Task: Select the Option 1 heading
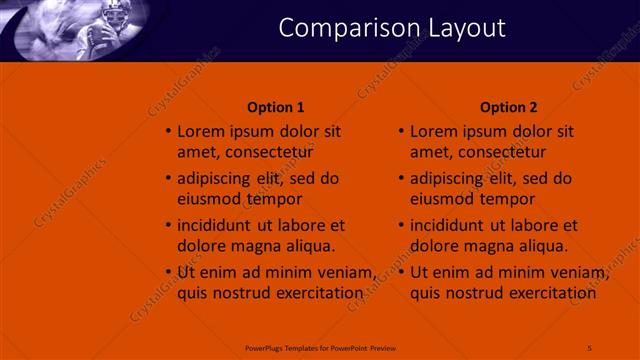275,107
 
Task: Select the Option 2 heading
508,107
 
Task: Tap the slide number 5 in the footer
590,346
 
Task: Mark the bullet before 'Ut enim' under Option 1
168,272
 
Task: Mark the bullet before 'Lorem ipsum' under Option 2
401,131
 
